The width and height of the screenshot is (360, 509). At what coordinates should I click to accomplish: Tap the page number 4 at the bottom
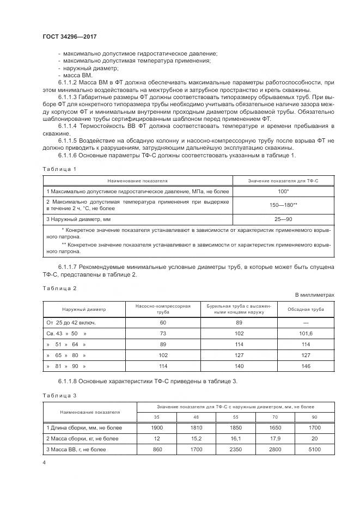(44, 462)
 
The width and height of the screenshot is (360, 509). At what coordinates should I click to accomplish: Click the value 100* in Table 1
(283, 192)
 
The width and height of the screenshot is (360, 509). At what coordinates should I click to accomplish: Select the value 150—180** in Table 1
(283, 205)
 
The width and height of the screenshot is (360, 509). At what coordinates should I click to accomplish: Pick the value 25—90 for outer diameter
(283, 219)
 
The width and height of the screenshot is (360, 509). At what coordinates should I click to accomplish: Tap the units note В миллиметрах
(314, 295)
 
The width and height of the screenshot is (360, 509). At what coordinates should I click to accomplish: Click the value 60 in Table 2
(163, 322)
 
